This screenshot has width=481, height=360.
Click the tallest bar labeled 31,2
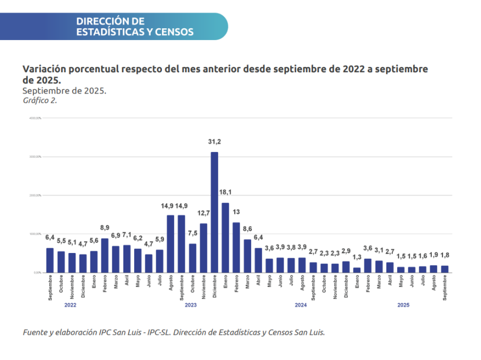pyautogui.click(x=214, y=212)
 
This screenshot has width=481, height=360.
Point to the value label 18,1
pyautogui.click(x=225, y=192)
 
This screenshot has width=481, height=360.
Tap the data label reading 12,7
pyautogui.click(x=203, y=213)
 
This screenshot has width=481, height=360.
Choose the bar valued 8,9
pyautogui.click(x=105, y=255)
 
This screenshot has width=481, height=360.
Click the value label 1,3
pyautogui.click(x=356, y=257)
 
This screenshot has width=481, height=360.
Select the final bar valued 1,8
pyautogui.click(x=444, y=269)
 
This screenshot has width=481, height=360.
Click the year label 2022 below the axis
pyautogui.click(x=70, y=305)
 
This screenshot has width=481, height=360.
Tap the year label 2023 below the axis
pyautogui.click(x=190, y=305)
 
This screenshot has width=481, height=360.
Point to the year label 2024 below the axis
pyautogui.click(x=300, y=305)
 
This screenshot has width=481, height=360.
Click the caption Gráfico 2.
pyautogui.click(x=40, y=100)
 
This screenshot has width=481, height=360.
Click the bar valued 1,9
pyautogui.click(x=433, y=269)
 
